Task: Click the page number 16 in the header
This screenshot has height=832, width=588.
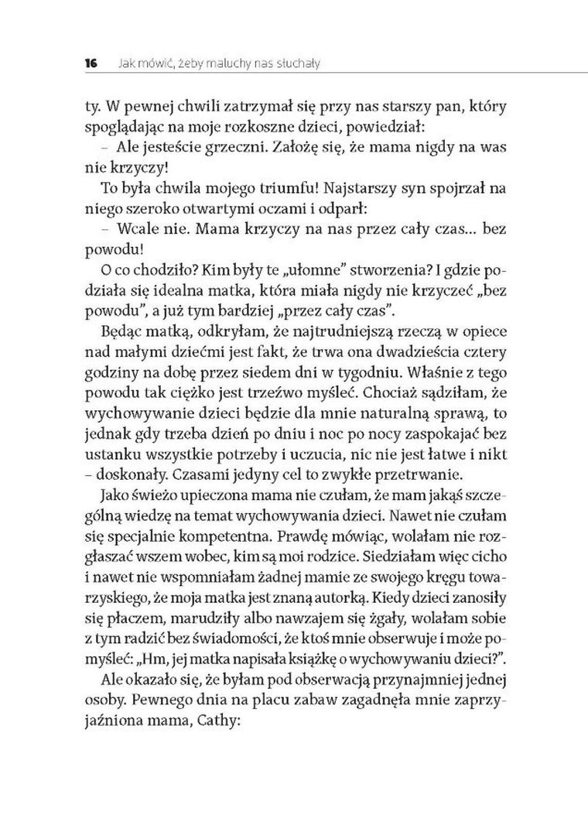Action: tap(91, 63)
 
